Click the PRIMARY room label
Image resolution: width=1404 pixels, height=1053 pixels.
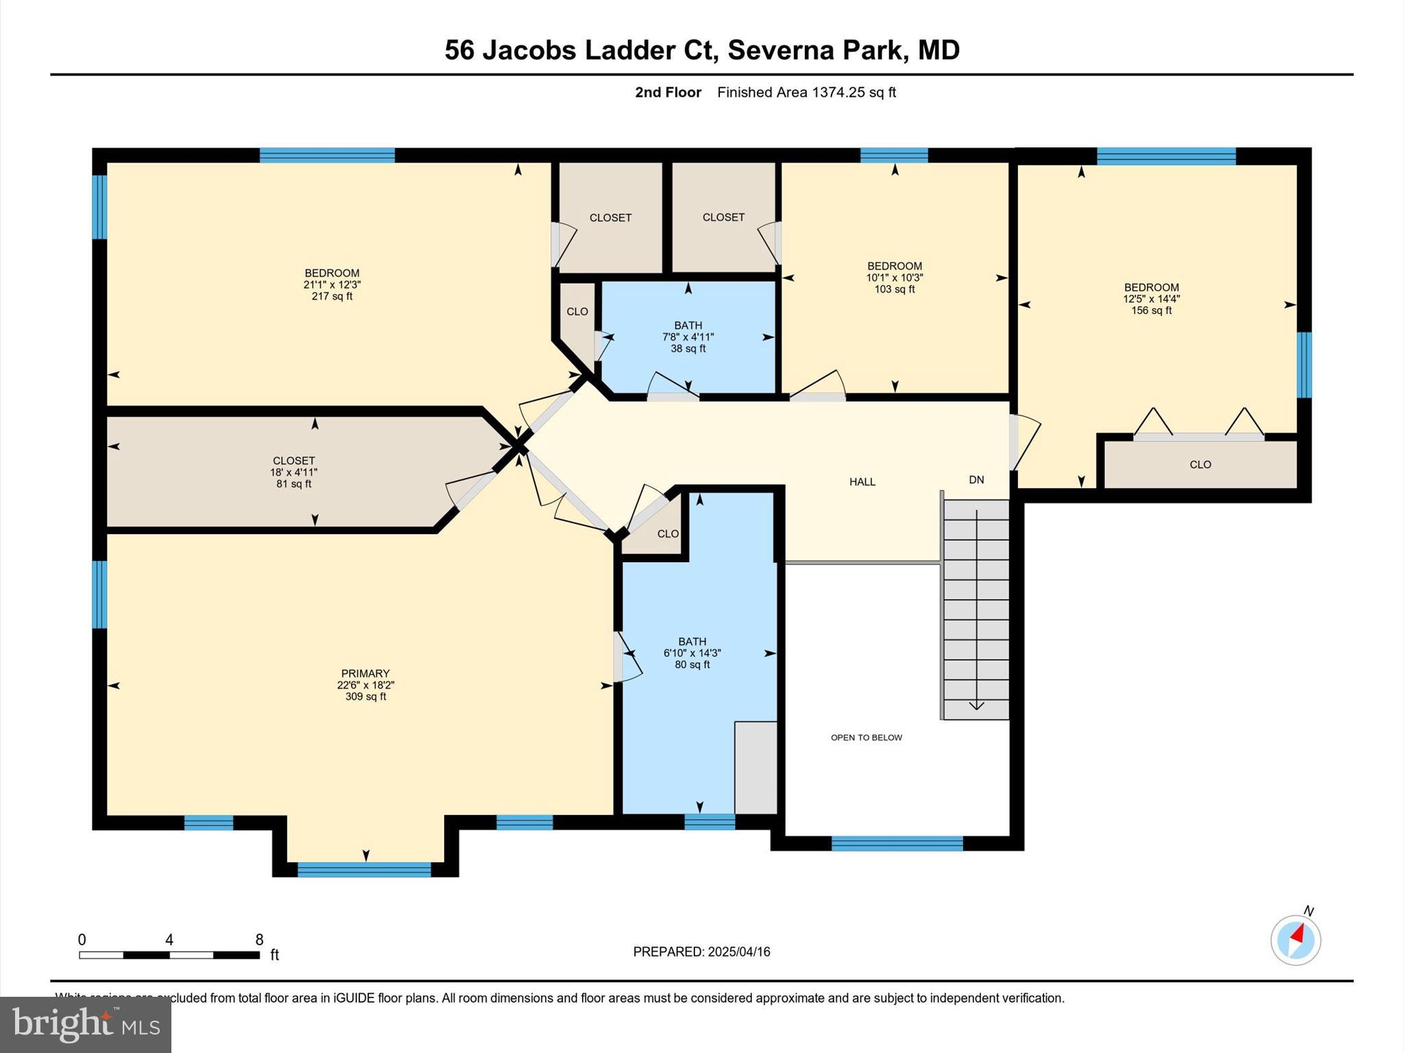click(365, 673)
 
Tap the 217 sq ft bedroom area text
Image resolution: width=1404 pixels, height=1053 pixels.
click(332, 296)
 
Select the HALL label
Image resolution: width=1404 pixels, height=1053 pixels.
click(862, 482)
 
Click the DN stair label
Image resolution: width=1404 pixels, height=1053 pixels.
click(976, 480)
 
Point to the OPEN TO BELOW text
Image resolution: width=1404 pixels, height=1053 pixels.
click(867, 738)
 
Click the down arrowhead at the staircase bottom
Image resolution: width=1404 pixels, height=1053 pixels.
click(976, 705)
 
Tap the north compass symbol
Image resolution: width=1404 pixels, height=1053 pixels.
click(1296, 939)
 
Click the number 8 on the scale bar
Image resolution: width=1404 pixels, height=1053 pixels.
click(259, 940)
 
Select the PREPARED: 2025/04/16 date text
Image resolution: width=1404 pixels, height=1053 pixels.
click(701, 952)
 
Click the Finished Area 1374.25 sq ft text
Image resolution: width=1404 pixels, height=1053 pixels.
click(806, 93)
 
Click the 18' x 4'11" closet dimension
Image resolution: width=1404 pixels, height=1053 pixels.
click(293, 472)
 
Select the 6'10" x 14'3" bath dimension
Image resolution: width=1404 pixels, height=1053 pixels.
click(692, 653)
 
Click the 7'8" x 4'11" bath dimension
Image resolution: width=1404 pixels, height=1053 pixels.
click(688, 337)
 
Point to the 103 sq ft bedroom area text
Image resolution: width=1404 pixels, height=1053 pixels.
click(894, 289)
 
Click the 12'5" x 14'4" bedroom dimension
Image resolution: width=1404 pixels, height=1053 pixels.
click(1151, 299)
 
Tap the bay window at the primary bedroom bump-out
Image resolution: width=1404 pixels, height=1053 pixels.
click(364, 869)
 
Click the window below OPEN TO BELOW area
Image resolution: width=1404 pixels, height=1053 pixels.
click(897, 843)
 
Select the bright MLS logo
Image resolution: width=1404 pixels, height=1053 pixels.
click(86, 1025)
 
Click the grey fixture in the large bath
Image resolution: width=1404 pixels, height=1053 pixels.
click(755, 767)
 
